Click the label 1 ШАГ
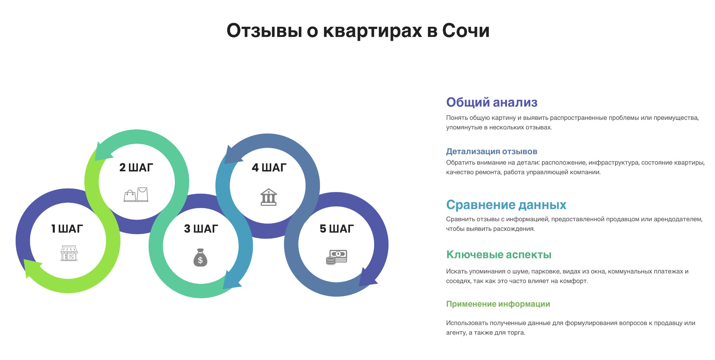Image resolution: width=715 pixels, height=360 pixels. (67, 229)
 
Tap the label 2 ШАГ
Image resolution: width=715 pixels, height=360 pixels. (136, 168)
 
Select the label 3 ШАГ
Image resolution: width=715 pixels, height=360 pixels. (201, 229)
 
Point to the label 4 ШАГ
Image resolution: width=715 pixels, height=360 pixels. (269, 168)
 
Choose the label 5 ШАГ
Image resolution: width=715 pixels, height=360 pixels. (337, 229)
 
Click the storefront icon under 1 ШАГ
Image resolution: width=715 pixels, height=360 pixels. (69, 253)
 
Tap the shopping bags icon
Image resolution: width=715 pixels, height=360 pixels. (136, 195)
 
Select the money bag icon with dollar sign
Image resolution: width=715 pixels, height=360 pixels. (200, 258)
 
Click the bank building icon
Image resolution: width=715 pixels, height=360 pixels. (268, 197)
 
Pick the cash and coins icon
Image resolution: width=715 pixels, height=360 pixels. (336, 257)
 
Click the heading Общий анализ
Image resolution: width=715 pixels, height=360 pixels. (491, 102)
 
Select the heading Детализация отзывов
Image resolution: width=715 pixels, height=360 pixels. (491, 152)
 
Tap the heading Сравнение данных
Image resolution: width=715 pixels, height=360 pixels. (506, 205)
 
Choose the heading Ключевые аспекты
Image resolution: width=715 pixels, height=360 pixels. (499, 254)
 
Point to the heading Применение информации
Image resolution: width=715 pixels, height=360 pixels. (498, 304)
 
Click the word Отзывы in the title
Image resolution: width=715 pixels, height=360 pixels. (264, 31)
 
